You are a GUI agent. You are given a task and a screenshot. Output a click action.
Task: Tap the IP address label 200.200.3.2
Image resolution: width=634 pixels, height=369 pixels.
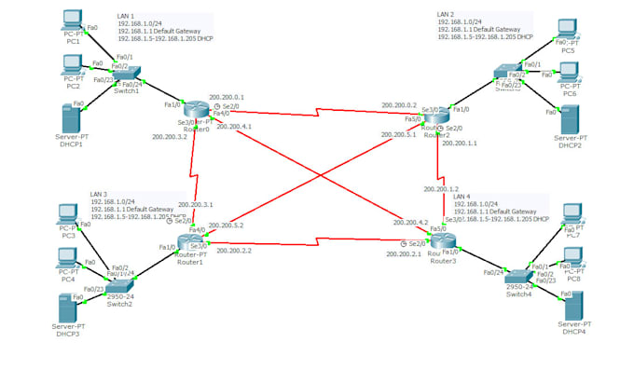[x=169, y=137]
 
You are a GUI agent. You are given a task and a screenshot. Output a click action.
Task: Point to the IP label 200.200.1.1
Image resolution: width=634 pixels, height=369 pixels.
[x=458, y=143]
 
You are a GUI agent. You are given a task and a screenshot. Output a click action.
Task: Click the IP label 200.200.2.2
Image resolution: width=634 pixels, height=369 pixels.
[x=233, y=251]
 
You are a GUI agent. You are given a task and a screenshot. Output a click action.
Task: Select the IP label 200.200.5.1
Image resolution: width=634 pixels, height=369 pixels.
[x=398, y=134]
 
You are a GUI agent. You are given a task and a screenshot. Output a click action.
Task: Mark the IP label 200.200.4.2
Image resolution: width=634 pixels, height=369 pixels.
[x=411, y=223]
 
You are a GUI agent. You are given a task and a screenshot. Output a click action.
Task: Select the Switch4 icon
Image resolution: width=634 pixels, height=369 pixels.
[x=518, y=275]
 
